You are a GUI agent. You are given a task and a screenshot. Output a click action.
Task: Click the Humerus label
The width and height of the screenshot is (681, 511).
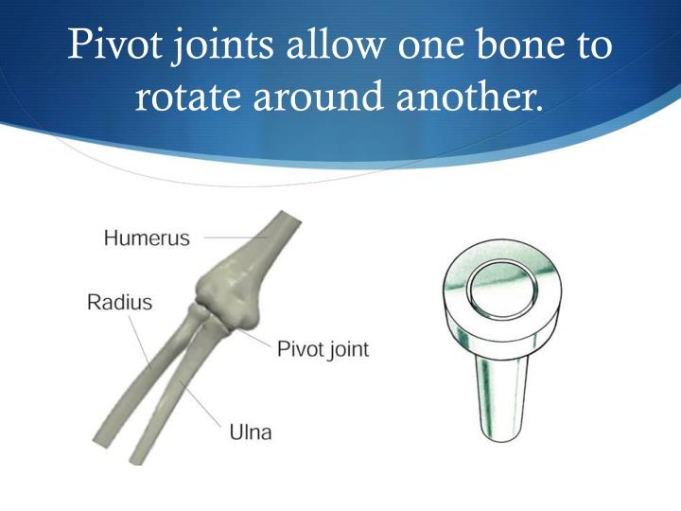click(x=147, y=238)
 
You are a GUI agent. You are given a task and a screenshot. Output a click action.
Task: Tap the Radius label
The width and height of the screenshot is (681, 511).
click(x=119, y=303)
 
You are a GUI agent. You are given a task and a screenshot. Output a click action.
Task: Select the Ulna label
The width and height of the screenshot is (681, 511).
click(x=250, y=432)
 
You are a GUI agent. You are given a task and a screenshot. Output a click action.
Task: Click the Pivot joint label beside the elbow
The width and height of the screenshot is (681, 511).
click(x=322, y=349)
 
